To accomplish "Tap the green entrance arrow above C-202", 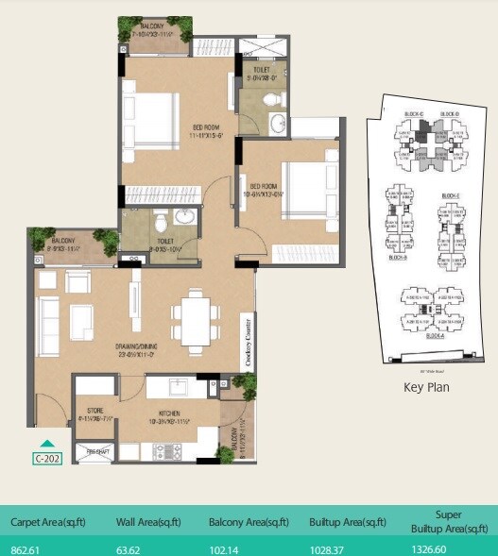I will (x=47, y=442).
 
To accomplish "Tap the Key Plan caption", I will (x=427, y=386).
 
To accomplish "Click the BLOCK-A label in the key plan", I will (x=436, y=335).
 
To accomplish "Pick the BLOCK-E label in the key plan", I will (x=450, y=196).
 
